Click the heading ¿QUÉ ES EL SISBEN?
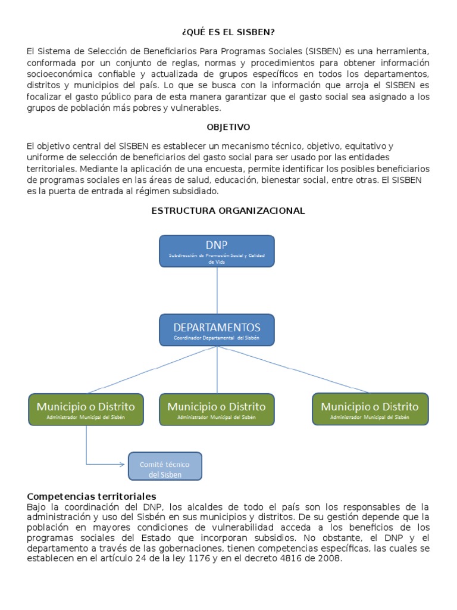click(228, 32)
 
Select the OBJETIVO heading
click(228, 127)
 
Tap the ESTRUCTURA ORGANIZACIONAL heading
click(228, 210)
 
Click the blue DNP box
click(217, 251)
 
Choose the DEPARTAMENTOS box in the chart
click(217, 330)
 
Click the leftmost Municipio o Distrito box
click(86, 409)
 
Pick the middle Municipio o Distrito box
click(217, 409)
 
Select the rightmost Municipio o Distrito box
click(370, 409)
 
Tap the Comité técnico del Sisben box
click(165, 466)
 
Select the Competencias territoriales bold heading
click(92, 496)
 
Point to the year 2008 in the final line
click(330, 559)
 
